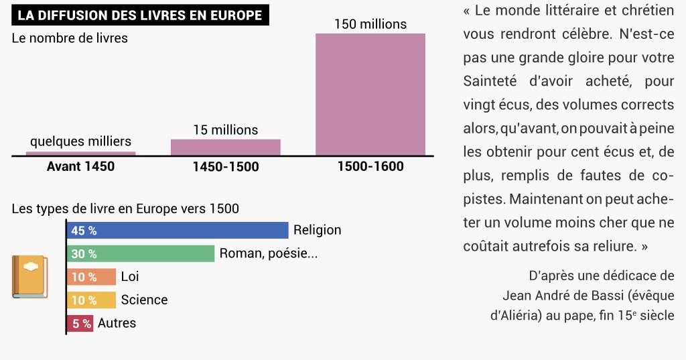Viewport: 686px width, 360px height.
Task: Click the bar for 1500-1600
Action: pos(370,95)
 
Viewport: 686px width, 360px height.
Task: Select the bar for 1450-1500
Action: pos(225,147)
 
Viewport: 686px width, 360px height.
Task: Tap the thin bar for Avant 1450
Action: pos(80,154)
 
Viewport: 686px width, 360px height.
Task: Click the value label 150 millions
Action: pos(370,24)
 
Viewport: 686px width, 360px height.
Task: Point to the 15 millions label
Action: pos(225,130)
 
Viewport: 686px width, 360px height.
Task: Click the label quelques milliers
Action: pos(80,141)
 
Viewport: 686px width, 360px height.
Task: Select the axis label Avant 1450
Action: pos(80,166)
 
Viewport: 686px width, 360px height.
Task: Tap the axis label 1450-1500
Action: pos(226,166)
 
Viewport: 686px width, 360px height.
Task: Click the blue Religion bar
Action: pos(178,231)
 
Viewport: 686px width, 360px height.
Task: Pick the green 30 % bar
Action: pos(141,253)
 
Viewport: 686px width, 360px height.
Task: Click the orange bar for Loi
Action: pos(91,277)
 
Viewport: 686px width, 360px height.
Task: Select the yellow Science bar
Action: pos(91,300)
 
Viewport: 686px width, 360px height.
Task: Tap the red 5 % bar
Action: pos(80,323)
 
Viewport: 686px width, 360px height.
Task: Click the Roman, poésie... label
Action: pos(268,253)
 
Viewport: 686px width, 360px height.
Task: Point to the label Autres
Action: pos(117,323)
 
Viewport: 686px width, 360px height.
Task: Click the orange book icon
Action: pos(29,277)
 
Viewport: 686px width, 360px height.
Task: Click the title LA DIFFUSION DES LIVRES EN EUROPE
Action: pos(140,15)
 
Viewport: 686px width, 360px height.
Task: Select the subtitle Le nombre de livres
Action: pos(70,38)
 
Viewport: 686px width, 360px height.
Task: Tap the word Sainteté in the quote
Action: pos(490,81)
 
